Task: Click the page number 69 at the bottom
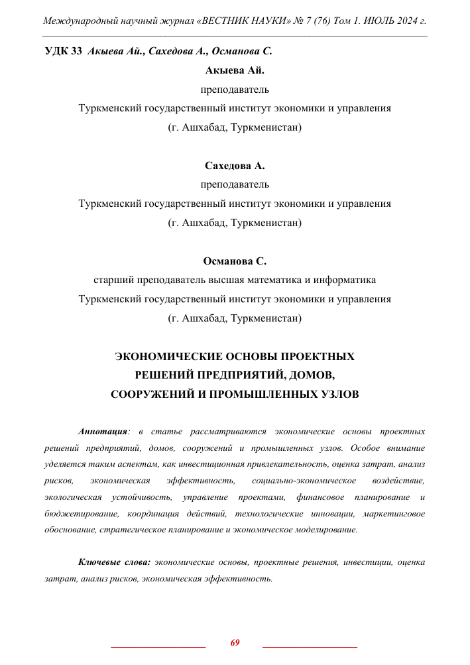(235, 642)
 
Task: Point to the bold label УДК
(57, 51)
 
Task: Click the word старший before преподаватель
(117, 280)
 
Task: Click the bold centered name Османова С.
(235, 261)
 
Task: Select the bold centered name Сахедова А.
(235, 166)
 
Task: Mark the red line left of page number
(158, 645)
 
